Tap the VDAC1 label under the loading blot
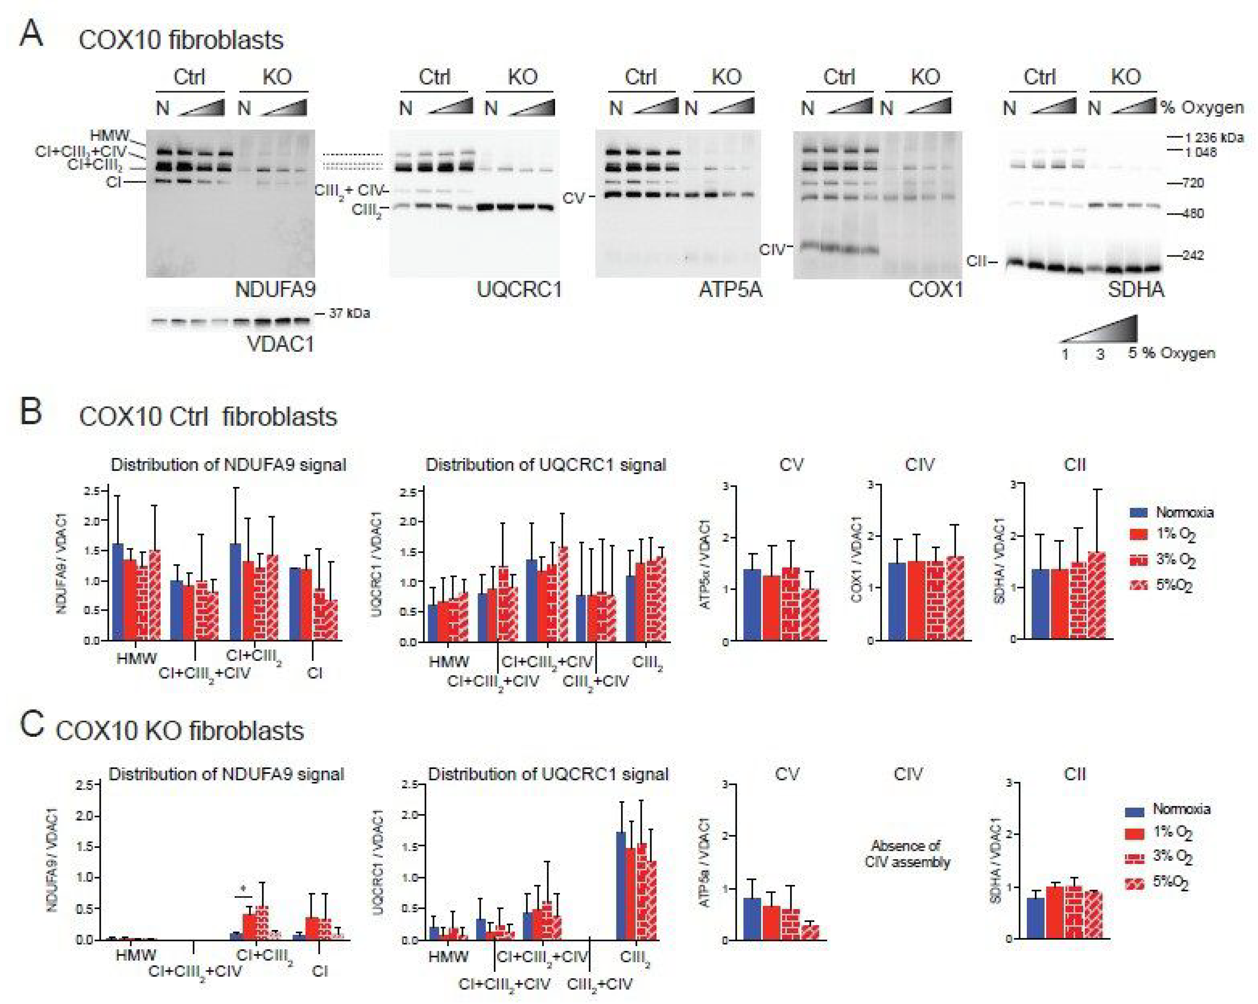click(x=281, y=343)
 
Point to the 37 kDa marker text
click(x=349, y=313)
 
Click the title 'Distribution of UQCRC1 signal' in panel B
click(x=545, y=465)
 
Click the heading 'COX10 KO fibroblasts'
click(x=180, y=731)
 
